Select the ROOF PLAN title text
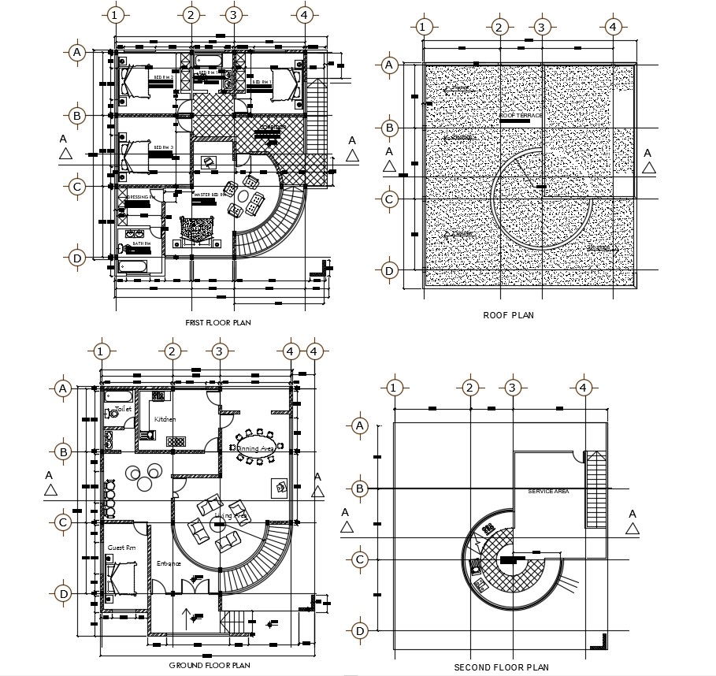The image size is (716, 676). (x=508, y=315)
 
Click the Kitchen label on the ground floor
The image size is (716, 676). (x=165, y=419)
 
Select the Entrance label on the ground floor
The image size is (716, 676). (x=169, y=563)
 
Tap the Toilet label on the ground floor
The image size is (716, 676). (x=123, y=410)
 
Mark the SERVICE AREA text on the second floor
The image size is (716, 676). (x=548, y=491)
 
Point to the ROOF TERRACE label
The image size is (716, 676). (x=521, y=116)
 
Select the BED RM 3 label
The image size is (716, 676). (x=163, y=147)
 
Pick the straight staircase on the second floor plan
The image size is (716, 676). (x=595, y=489)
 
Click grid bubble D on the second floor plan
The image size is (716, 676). (x=360, y=630)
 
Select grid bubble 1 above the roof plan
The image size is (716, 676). (x=423, y=28)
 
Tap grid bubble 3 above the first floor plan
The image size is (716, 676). (x=232, y=15)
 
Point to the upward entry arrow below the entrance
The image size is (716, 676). (x=186, y=615)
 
